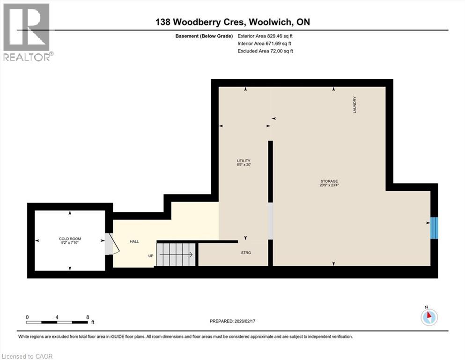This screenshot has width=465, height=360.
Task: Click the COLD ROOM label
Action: pos(70,239)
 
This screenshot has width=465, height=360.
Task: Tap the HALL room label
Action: pos(134,241)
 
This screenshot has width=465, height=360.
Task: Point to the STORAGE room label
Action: pos(329,181)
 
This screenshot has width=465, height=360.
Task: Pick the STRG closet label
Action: pos(246,253)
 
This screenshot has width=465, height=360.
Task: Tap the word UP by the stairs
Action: pos(151,256)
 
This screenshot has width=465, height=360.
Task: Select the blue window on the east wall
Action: pos(434,227)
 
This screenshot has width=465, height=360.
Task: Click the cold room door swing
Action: pos(109,244)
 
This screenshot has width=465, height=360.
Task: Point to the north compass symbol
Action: pos(428,317)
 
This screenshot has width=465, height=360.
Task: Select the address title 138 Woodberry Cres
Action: pos(232,22)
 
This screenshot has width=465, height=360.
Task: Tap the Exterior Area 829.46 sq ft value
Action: pos(266,36)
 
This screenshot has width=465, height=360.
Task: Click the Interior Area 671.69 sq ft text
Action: pos(266,43)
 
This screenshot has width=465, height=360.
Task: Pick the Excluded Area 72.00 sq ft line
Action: pos(266,51)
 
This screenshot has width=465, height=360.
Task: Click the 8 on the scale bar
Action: pos(87,317)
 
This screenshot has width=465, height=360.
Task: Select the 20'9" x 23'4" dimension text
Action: pos(329,185)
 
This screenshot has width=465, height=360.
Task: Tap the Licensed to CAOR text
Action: pos(27,356)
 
